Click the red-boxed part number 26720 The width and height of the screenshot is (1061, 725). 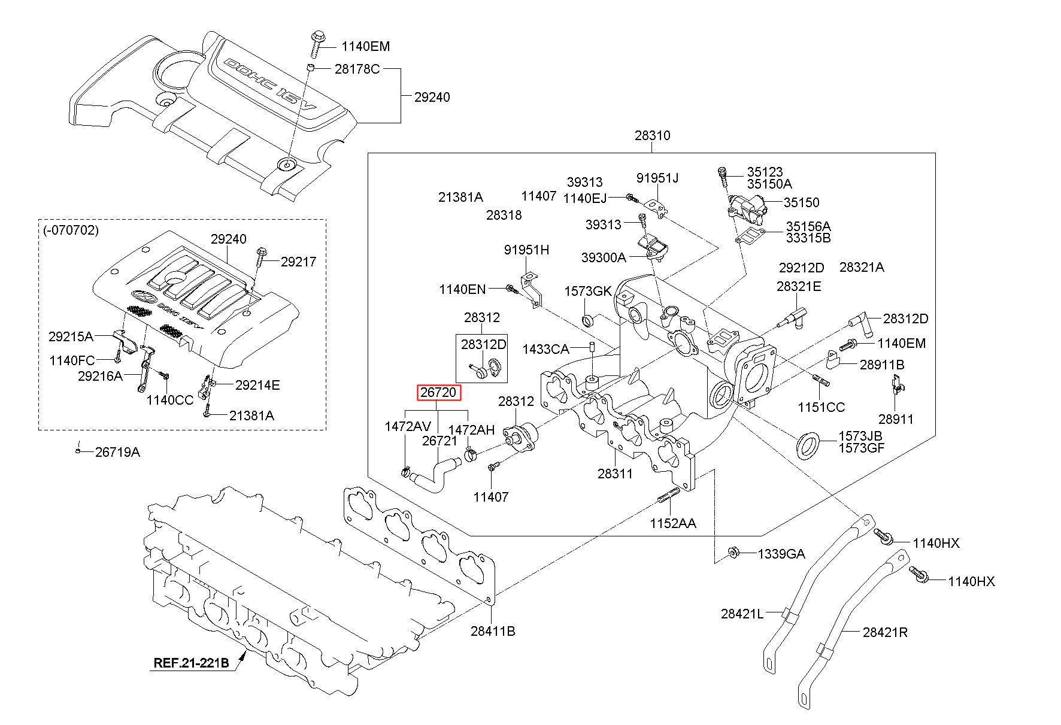(439, 393)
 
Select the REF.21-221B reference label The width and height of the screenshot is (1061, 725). (192, 663)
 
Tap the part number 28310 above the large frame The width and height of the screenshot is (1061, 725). (653, 135)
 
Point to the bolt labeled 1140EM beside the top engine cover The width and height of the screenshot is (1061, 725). (317, 42)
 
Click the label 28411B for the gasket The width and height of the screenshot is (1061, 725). (493, 630)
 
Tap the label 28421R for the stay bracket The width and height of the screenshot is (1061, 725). (885, 632)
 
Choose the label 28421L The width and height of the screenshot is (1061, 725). (742, 614)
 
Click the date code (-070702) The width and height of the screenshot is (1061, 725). (71, 230)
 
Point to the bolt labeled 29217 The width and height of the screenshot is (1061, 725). (261, 257)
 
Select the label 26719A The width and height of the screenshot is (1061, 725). (117, 451)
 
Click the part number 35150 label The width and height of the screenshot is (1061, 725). (802, 202)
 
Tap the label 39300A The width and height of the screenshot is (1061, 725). (604, 257)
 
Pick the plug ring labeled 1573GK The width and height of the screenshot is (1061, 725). (589, 320)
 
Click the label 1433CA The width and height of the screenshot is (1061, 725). (545, 348)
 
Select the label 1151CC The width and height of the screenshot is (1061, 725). (821, 407)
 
